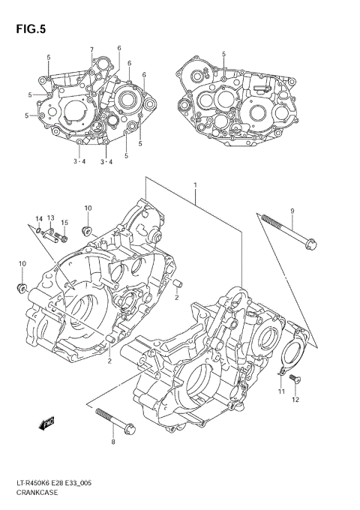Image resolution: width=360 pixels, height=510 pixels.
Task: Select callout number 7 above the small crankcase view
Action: [91, 50]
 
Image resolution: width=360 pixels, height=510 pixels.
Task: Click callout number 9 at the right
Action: [292, 211]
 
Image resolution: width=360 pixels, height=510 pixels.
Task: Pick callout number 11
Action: [281, 391]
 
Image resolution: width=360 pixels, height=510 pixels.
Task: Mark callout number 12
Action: [295, 399]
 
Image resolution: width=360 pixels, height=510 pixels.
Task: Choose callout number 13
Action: [51, 218]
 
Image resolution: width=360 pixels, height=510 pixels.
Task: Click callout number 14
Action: [37, 218]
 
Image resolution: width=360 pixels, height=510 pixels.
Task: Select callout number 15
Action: [64, 223]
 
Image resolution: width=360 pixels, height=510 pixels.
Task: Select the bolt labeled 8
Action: [115, 419]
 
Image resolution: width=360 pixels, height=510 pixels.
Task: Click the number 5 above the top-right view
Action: [223, 54]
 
